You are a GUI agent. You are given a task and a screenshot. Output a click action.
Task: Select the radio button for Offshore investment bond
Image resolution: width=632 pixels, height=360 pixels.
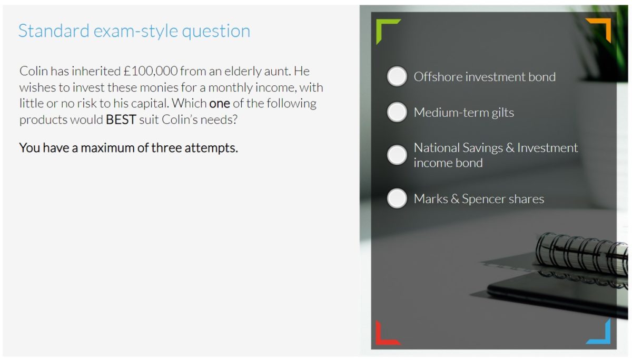tap(397, 76)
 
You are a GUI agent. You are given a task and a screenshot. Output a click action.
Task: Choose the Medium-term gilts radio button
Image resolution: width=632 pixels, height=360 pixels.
tap(397, 112)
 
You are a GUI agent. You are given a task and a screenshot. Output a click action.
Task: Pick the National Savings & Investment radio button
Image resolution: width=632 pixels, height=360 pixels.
tap(397, 155)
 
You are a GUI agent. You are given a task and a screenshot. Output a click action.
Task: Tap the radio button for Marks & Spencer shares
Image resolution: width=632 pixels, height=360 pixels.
tap(397, 198)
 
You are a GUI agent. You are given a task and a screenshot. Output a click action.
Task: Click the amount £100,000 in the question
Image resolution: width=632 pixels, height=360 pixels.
tap(151, 71)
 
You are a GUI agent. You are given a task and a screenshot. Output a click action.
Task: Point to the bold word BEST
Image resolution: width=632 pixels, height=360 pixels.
tap(121, 120)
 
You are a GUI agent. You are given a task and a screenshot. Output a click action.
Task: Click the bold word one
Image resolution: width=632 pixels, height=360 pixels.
tap(220, 104)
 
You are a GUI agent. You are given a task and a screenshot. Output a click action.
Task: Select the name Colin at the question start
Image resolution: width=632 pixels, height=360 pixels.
tap(34, 71)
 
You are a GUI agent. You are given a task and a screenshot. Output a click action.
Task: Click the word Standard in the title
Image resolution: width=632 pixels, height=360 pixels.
tap(54, 31)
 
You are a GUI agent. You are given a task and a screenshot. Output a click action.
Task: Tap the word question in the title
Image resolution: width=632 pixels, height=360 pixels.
tap(216, 32)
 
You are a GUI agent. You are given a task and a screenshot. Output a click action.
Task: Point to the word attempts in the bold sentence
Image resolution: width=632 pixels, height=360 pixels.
tap(211, 148)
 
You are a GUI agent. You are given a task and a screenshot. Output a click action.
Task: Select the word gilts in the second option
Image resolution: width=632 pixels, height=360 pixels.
tap(503, 113)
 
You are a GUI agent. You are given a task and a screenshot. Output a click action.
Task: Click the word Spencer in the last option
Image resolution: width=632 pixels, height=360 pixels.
tap(489, 199)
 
